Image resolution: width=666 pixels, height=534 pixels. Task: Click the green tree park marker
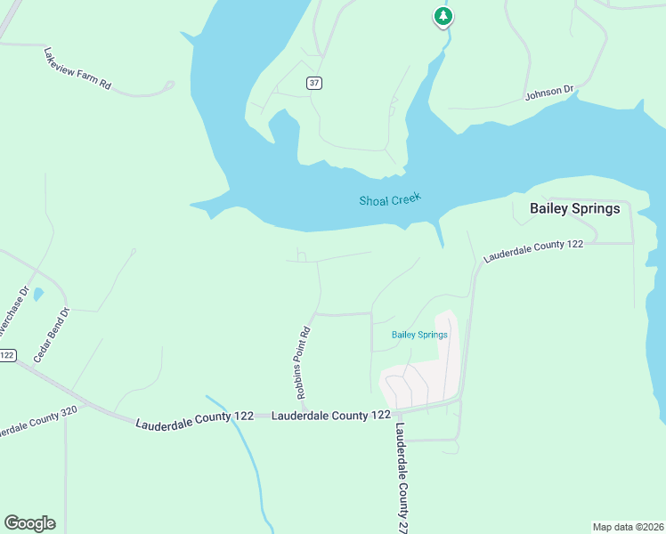pos(443,16)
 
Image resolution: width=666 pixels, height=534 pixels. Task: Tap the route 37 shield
pos(313,83)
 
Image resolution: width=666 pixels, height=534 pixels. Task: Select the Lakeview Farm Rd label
pos(77,69)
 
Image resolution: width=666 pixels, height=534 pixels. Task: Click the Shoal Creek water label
pos(389,200)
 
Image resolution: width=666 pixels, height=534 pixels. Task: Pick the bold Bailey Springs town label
pos(574,209)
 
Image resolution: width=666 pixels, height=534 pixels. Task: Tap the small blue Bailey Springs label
pos(419,335)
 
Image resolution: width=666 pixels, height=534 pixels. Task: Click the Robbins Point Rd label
pos(304,363)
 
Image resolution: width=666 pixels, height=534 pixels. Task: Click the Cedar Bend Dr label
pos(51,335)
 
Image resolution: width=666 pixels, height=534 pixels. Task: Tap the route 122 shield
pos(7,355)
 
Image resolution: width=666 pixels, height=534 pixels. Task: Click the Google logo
pos(29,523)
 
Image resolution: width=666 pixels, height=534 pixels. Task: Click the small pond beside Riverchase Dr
pos(37,295)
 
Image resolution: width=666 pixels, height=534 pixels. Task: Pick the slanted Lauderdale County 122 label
pos(532,249)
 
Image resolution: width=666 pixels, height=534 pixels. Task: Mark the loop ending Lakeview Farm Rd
pos(168,85)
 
